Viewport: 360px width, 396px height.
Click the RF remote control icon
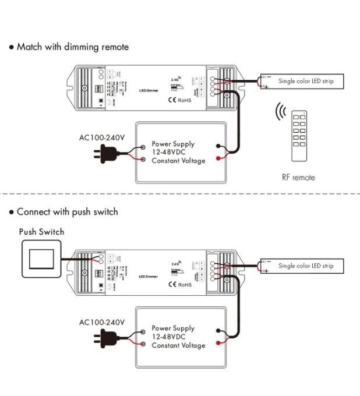pyautogui.click(x=299, y=135)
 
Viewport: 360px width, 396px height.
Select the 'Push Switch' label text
pyautogui.click(x=41, y=232)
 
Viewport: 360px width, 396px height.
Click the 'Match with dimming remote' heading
pyautogui.click(x=72, y=47)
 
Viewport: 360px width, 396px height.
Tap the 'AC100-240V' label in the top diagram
pyautogui.click(x=102, y=138)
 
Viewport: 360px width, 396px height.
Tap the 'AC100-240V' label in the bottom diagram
pyautogui.click(x=102, y=322)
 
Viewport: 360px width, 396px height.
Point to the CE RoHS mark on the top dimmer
pyautogui.click(x=179, y=100)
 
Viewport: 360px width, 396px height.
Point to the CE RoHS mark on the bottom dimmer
pyautogui.click(x=179, y=285)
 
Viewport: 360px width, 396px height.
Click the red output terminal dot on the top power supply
pyautogui.click(x=218, y=158)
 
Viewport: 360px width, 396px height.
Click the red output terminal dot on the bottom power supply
pyautogui.click(x=218, y=342)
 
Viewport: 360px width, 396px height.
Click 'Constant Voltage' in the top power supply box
pyautogui.click(x=178, y=161)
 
